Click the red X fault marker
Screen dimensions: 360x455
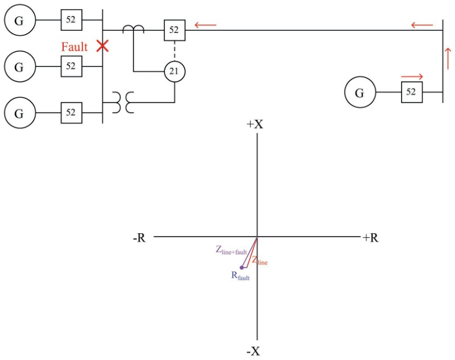pyautogui.click(x=102, y=46)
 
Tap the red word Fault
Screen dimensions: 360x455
pyautogui.click(x=75, y=47)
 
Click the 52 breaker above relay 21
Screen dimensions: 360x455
pyautogui.click(x=175, y=30)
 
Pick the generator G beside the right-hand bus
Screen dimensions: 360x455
pyautogui.click(x=359, y=92)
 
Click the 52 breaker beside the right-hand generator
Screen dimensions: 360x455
pyautogui.click(x=412, y=92)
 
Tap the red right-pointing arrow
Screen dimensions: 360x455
pyautogui.click(x=412, y=76)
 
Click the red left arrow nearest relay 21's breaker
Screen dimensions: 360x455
pyautogui.click(x=205, y=25)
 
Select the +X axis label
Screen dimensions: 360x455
pyautogui.click(x=255, y=124)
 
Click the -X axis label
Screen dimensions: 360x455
pyautogui.click(x=254, y=351)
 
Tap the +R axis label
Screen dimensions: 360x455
pyautogui.click(x=370, y=238)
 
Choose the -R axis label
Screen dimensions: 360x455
pyautogui.click(x=139, y=238)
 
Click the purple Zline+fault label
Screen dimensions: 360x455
pyautogui.click(x=230, y=250)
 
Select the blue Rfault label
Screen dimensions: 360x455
pyautogui.click(x=241, y=276)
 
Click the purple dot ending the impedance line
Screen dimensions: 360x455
pyautogui.click(x=242, y=267)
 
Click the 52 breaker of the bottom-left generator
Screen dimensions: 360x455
pyautogui.click(x=71, y=113)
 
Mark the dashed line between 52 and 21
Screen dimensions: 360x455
pyautogui.click(x=175, y=51)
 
